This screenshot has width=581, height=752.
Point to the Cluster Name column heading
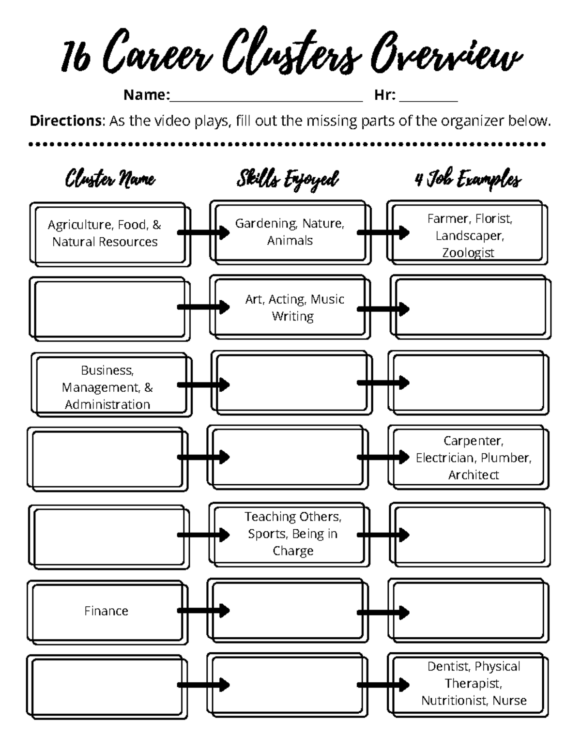[110, 179]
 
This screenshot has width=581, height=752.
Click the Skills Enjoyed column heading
[288, 179]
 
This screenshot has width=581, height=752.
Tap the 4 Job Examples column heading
[468, 179]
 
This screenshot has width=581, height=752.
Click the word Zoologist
[468, 253]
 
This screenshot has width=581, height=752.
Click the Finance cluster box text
[106, 611]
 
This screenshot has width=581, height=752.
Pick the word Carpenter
[473, 441]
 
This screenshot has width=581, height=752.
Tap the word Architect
[473, 475]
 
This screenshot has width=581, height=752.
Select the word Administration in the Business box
[107, 405]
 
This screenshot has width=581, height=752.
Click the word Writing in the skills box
[292, 317]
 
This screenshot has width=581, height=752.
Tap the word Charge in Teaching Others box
[292, 551]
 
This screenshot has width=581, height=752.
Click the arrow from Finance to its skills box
[203, 611]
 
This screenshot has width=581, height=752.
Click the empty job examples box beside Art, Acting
[470, 307]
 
